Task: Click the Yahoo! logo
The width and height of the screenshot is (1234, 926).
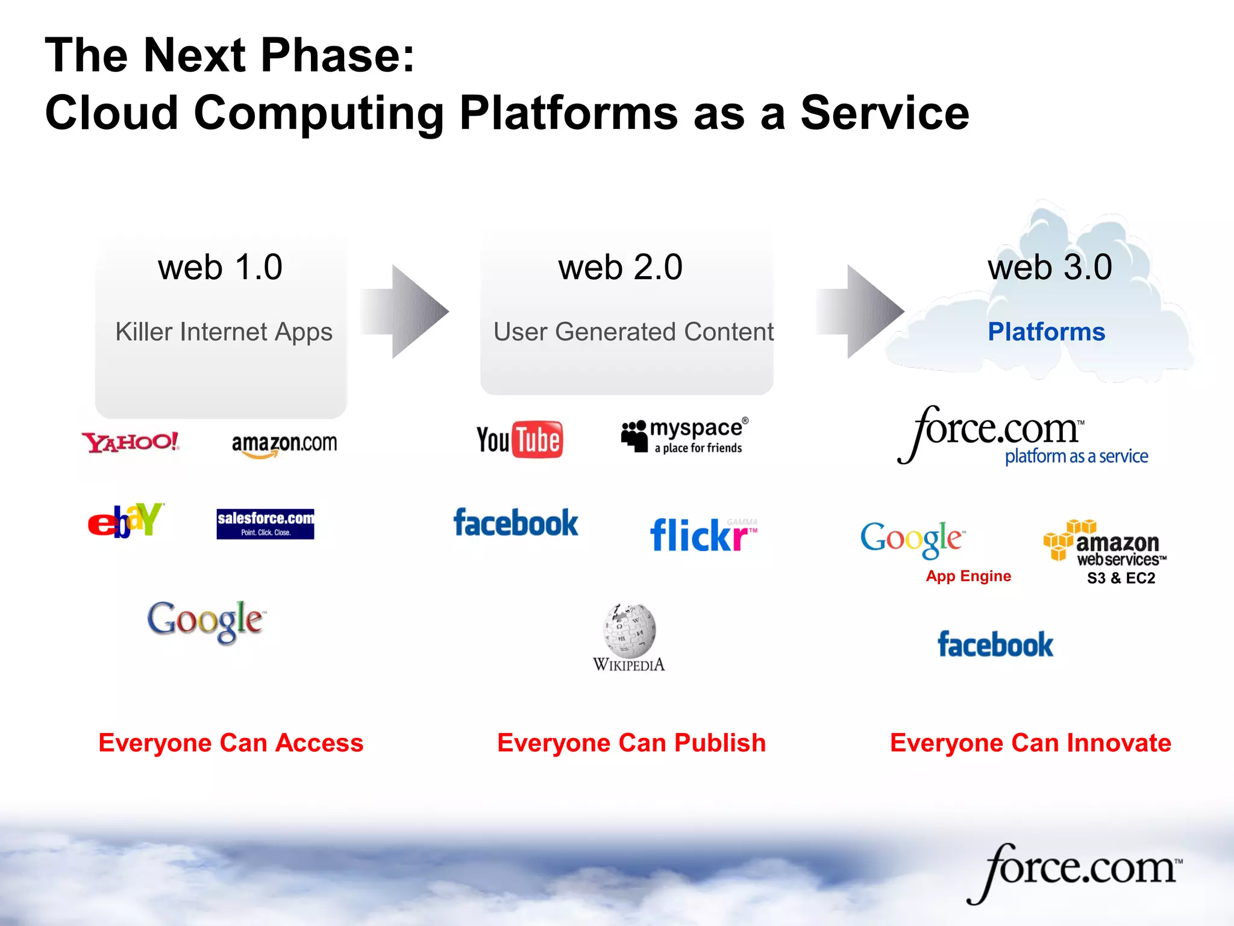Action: (131, 442)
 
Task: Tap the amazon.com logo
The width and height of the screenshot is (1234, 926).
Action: (284, 444)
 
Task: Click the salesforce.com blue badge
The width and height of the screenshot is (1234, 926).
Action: (265, 523)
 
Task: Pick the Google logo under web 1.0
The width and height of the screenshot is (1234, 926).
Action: (205, 620)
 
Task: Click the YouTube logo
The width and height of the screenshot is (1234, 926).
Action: (519, 439)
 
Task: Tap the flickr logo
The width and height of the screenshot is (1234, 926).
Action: (703, 534)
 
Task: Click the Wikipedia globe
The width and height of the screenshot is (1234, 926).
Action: (630, 631)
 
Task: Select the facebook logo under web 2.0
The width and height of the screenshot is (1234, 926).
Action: (516, 523)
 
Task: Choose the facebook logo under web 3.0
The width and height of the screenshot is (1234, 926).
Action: (995, 644)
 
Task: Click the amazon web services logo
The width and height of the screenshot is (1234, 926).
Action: (1105, 543)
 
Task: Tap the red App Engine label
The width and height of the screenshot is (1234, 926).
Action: (968, 576)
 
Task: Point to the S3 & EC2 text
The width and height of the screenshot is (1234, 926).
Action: (1121, 578)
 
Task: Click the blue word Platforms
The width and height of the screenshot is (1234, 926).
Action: (1047, 332)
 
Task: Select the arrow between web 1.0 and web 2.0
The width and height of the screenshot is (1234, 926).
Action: (406, 312)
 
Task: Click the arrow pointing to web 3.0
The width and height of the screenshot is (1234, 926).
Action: (860, 312)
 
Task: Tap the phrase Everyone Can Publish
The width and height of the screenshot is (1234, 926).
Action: (631, 743)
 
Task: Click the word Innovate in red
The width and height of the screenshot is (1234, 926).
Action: (1119, 743)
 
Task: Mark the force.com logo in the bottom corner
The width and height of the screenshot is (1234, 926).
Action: (1076, 872)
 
